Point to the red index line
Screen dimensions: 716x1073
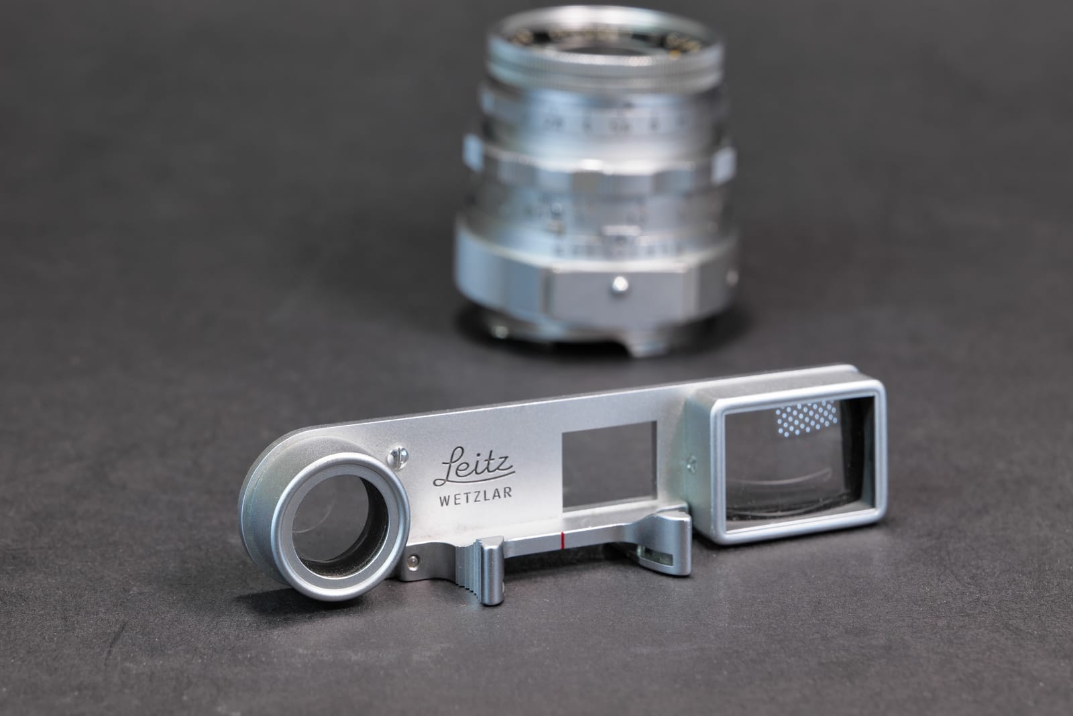pos(562,538)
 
